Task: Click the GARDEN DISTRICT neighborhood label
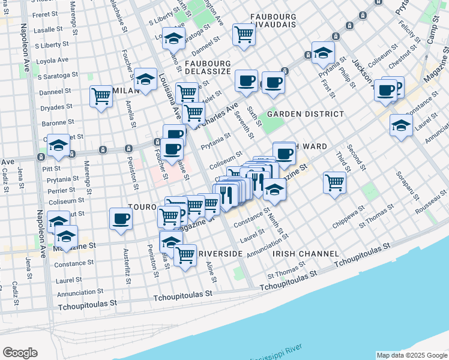pos(306,114)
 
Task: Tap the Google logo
pos(20,353)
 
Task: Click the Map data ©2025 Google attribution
pos(412,355)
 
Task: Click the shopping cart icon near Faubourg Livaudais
pos(244,34)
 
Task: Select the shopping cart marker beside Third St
pos(334,182)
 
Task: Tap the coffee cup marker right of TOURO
pos(121,218)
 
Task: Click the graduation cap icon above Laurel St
pos(400,125)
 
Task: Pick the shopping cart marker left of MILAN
pos(101,97)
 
